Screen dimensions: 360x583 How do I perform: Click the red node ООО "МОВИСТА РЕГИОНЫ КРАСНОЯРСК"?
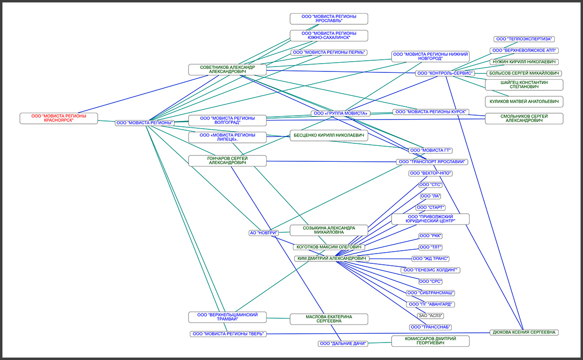pyautogui.click(x=58, y=118)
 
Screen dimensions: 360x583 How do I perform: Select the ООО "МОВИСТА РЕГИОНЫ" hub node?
pyautogui.click(x=145, y=123)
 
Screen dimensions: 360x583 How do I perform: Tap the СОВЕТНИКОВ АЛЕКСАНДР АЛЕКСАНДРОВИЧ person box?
pyautogui.click(x=227, y=69)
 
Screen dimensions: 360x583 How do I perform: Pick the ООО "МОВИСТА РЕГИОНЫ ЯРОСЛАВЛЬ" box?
pyautogui.click(x=329, y=18)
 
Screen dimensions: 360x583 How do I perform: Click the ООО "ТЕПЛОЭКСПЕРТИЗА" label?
pyautogui.click(x=525, y=39)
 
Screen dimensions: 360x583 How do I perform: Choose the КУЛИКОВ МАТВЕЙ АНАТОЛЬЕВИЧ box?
pyautogui.click(x=524, y=102)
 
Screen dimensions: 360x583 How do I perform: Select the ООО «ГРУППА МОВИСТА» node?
pyautogui.click(x=341, y=114)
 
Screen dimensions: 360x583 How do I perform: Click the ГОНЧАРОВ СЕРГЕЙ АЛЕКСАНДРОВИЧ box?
pyautogui.click(x=227, y=161)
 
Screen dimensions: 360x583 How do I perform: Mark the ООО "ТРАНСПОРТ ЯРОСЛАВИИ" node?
pyautogui.click(x=432, y=162)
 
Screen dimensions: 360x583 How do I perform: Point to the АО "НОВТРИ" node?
pyautogui.click(x=263, y=233)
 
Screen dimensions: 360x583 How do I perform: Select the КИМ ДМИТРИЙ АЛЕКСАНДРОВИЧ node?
pyautogui.click(x=332, y=258)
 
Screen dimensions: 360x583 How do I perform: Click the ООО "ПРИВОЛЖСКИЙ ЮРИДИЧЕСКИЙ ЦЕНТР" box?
pyautogui.click(x=430, y=219)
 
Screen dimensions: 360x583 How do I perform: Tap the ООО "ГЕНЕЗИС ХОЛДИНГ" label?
pyautogui.click(x=430, y=270)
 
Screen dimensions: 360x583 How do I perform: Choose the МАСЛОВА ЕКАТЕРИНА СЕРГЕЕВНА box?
pyautogui.click(x=329, y=319)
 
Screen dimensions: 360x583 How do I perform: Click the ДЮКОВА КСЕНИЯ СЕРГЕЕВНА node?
pyautogui.click(x=524, y=332)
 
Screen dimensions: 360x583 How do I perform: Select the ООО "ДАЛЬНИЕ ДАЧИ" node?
pyautogui.click(x=343, y=343)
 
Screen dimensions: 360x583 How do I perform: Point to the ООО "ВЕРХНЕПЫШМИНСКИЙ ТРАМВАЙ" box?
pyautogui.click(x=227, y=317)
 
